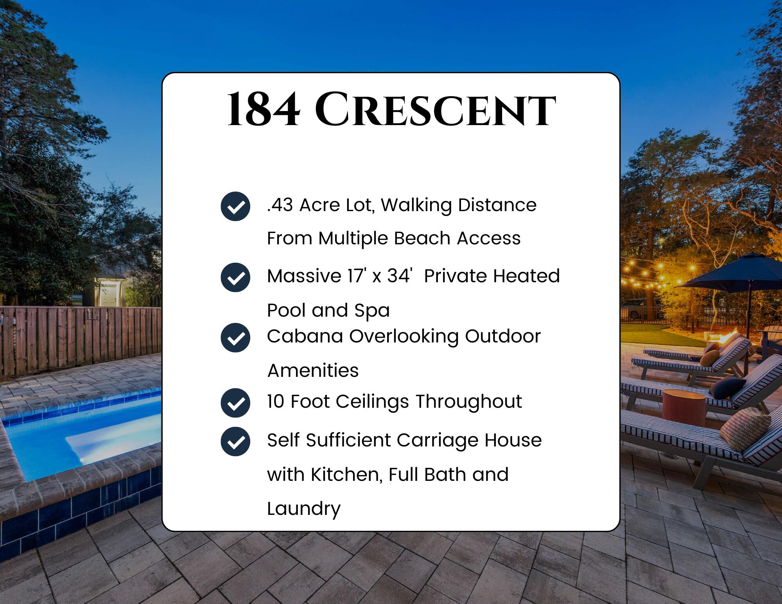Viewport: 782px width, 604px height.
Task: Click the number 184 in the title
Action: click(x=264, y=110)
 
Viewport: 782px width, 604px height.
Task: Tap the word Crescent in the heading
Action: click(x=435, y=110)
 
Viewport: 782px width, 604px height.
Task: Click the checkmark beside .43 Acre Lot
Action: click(x=235, y=206)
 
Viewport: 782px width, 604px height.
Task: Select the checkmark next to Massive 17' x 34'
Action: click(x=235, y=277)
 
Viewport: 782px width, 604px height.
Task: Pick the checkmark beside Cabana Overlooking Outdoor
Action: click(x=235, y=337)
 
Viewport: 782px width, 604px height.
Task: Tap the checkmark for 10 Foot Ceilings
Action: click(x=235, y=403)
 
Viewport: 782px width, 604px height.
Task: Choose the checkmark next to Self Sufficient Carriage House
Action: click(x=235, y=441)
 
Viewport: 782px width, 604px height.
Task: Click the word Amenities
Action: click(x=313, y=371)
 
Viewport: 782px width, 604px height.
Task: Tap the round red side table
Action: click(x=683, y=407)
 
